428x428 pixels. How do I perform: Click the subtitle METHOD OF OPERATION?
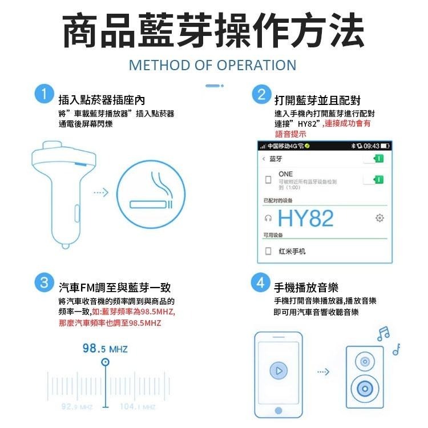tap(212, 64)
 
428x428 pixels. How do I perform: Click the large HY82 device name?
tap(306, 219)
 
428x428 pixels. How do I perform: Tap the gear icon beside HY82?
tap(379, 218)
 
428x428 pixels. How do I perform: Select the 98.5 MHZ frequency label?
tap(105, 349)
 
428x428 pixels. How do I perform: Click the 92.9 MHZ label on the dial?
tap(76, 407)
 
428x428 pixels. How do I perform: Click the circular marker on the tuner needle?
tap(105, 362)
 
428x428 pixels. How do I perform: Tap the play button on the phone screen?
tap(278, 371)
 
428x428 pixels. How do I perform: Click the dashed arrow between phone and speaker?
tap(324, 372)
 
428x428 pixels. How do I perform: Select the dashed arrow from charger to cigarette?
tap(100, 193)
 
